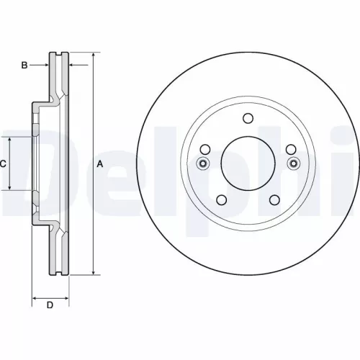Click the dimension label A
(x=100, y=164)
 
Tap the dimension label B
(x=24, y=66)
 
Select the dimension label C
(x=4, y=164)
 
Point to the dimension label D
(x=50, y=305)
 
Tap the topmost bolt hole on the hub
(x=248, y=119)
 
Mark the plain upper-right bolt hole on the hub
(x=292, y=150)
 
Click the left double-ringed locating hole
(x=203, y=163)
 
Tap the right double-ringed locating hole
(x=293, y=163)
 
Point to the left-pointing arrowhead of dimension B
(x=72, y=66)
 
